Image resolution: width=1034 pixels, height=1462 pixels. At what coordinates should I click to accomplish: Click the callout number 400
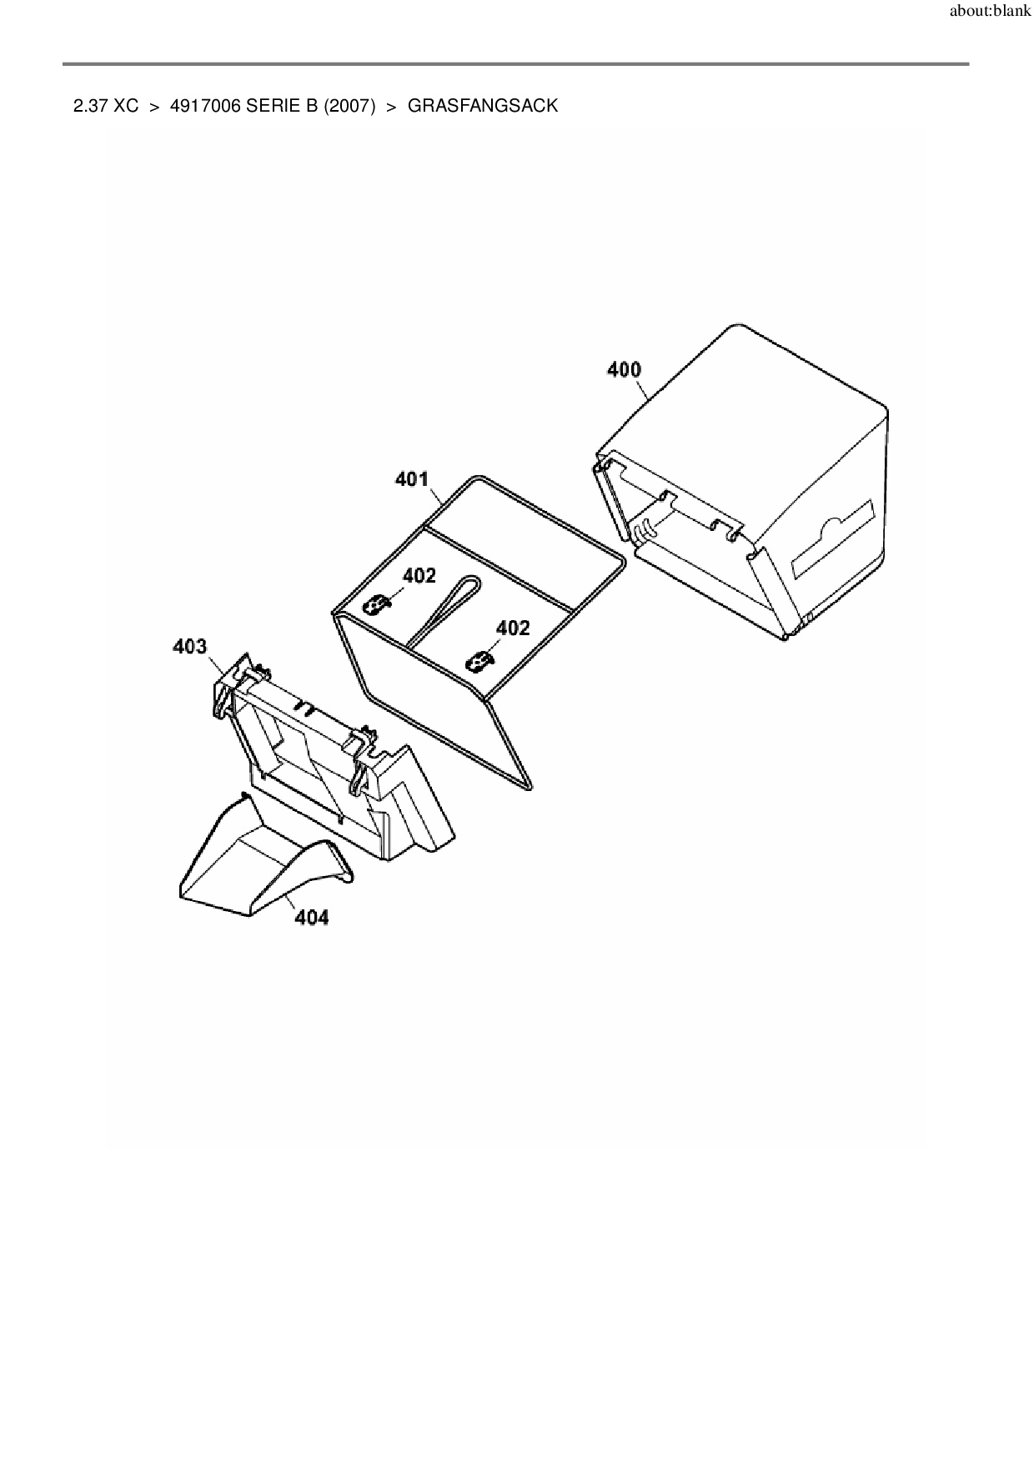point(624,369)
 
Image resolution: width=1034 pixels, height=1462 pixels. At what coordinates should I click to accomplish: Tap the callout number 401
point(411,479)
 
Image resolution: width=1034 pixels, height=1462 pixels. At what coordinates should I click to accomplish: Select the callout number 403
point(189,646)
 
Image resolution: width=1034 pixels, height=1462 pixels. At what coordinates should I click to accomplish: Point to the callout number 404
point(312,918)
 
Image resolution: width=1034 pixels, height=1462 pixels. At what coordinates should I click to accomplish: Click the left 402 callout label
point(419,575)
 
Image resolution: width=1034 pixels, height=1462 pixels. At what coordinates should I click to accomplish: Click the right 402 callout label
point(513,628)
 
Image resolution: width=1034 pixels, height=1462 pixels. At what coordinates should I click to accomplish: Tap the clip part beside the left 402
point(379,603)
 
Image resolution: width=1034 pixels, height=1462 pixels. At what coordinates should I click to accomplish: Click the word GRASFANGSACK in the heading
point(483,106)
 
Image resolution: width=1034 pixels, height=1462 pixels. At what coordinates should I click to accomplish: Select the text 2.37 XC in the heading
point(106,106)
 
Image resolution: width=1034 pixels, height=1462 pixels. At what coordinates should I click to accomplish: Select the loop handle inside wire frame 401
point(450,604)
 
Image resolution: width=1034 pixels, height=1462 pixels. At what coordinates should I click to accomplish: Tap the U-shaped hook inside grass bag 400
point(645,530)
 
